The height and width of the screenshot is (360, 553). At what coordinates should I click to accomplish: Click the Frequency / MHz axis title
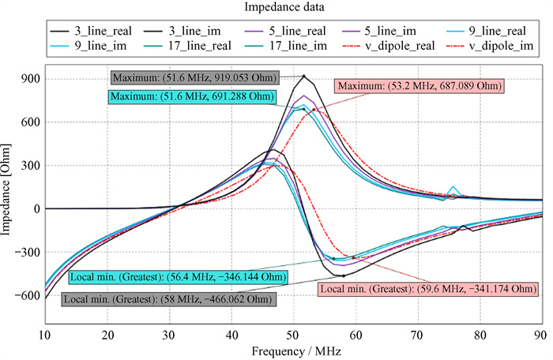coord(292,348)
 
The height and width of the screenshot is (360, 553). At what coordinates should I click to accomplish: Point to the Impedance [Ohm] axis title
coord(8,187)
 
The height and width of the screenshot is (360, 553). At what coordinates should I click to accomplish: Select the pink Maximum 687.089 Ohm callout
coord(418,85)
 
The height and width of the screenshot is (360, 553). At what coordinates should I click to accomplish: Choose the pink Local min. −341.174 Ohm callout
coord(423,289)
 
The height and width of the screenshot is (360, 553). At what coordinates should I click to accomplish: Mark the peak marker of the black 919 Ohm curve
coord(304,77)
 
